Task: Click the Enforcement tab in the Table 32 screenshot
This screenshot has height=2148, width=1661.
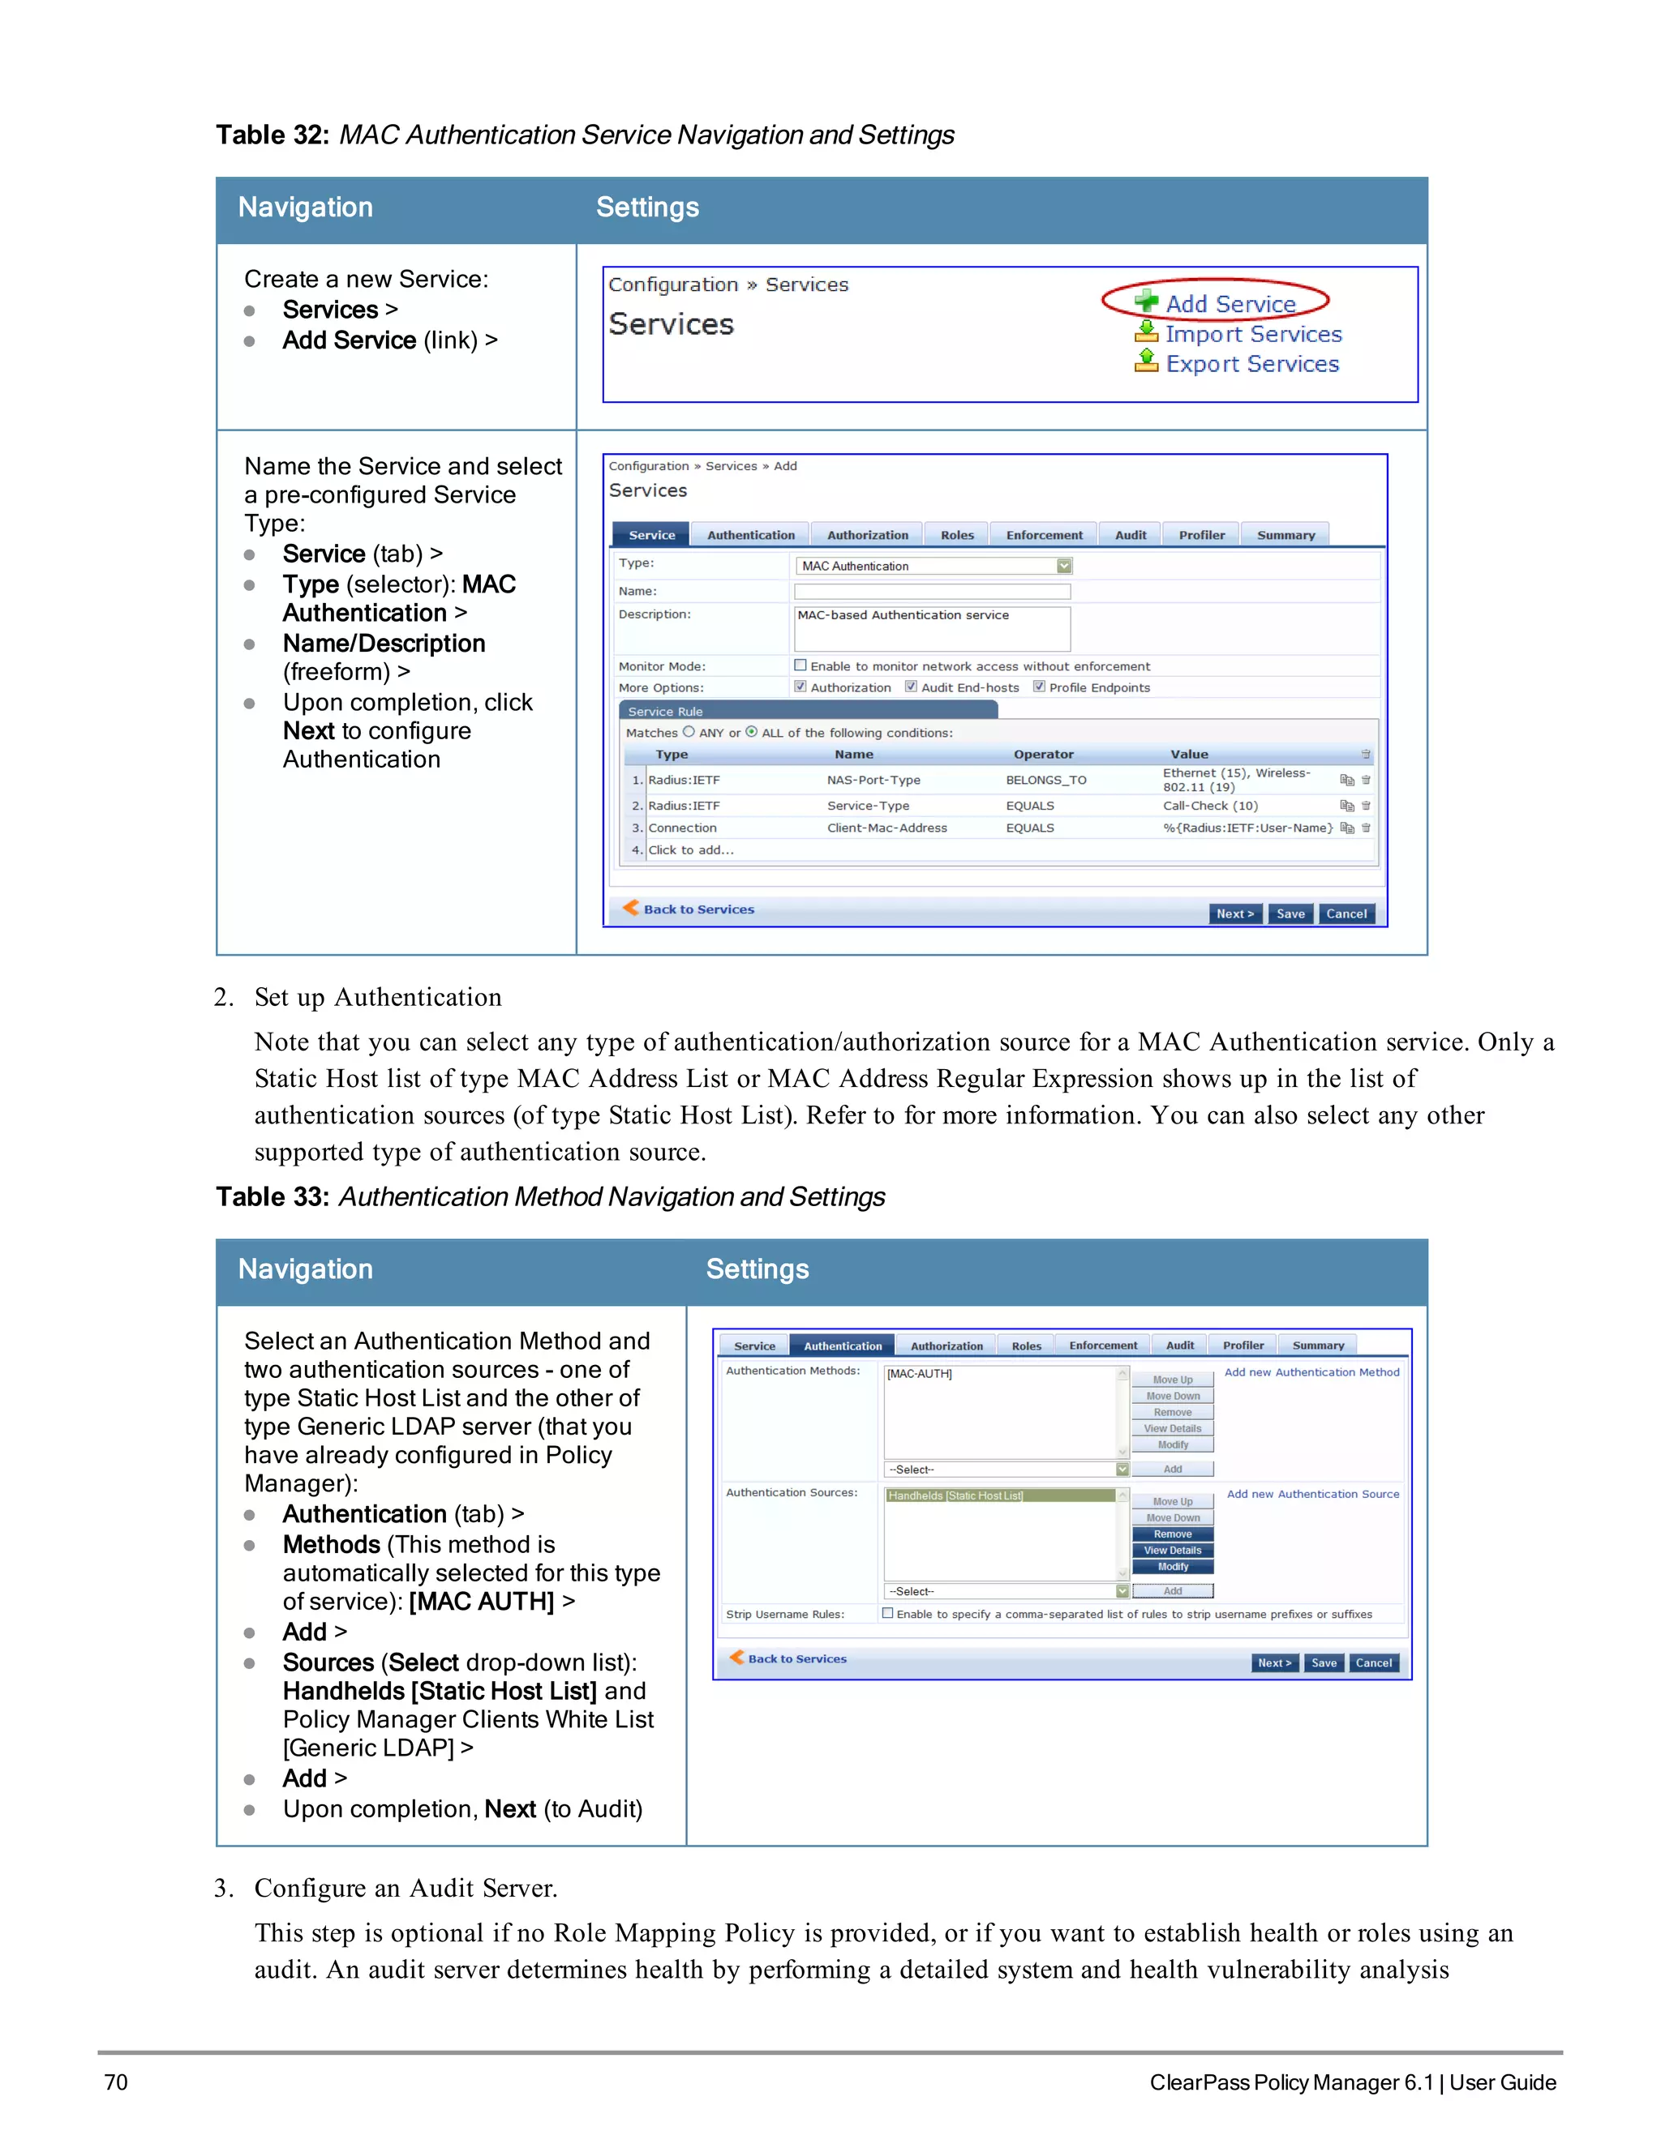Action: pos(1043,535)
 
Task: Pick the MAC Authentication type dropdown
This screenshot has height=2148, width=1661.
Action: pos(933,566)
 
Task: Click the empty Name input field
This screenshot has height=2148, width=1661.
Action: pos(931,591)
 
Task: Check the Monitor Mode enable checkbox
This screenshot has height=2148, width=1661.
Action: pos(800,665)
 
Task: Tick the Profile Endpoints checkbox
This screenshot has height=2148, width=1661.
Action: pos(1039,687)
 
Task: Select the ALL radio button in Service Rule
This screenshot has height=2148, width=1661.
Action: pos(752,732)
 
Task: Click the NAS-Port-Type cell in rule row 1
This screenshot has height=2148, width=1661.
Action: pos(873,780)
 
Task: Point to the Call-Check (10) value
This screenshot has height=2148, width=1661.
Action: pos(1209,806)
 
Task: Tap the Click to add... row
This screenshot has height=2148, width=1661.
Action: pos(691,849)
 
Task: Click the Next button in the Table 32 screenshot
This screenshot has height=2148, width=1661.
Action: pos(1234,914)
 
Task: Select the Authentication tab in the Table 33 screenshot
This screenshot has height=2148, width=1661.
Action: pos(843,1346)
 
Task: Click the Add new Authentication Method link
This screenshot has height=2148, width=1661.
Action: pos(1311,1372)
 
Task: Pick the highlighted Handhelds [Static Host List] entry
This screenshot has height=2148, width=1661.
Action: pos(998,1495)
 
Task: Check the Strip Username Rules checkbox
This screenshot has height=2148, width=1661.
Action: pos(887,1614)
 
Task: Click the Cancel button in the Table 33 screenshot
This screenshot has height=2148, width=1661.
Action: pos(1373,1663)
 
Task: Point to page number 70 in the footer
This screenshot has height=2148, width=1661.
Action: pos(116,2082)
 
